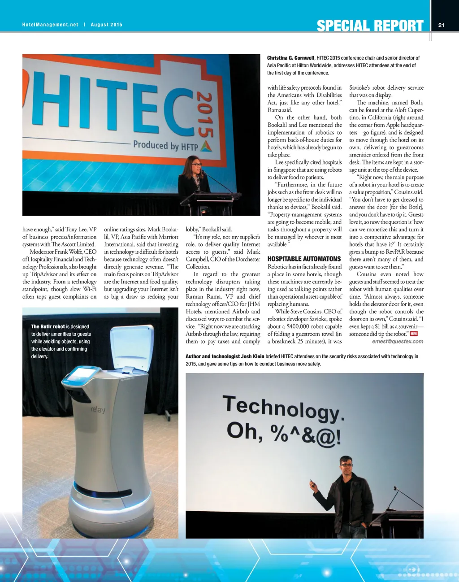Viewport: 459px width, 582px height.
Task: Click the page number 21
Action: coord(441,25)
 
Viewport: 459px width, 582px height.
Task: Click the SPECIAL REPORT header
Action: coord(370,26)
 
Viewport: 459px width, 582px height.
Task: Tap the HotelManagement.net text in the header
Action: coord(50,25)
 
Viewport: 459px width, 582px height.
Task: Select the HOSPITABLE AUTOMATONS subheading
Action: coord(304,259)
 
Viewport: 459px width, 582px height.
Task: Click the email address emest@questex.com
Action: coord(398,341)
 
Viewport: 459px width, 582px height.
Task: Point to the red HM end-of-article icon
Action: coord(414,334)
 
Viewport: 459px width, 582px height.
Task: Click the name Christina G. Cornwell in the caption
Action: coord(290,58)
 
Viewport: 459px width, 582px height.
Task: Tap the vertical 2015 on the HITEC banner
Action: coord(204,114)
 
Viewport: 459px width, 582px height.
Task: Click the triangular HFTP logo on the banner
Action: coord(206,146)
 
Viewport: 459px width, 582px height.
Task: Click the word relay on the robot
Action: coord(98,409)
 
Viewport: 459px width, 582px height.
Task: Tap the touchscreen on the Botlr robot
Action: coord(81,374)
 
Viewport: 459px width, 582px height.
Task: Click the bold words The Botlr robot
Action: coord(48,326)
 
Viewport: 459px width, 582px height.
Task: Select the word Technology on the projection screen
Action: coord(283,408)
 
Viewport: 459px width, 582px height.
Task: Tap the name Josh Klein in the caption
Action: coord(252,356)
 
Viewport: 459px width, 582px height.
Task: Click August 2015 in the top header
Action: coord(106,25)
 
